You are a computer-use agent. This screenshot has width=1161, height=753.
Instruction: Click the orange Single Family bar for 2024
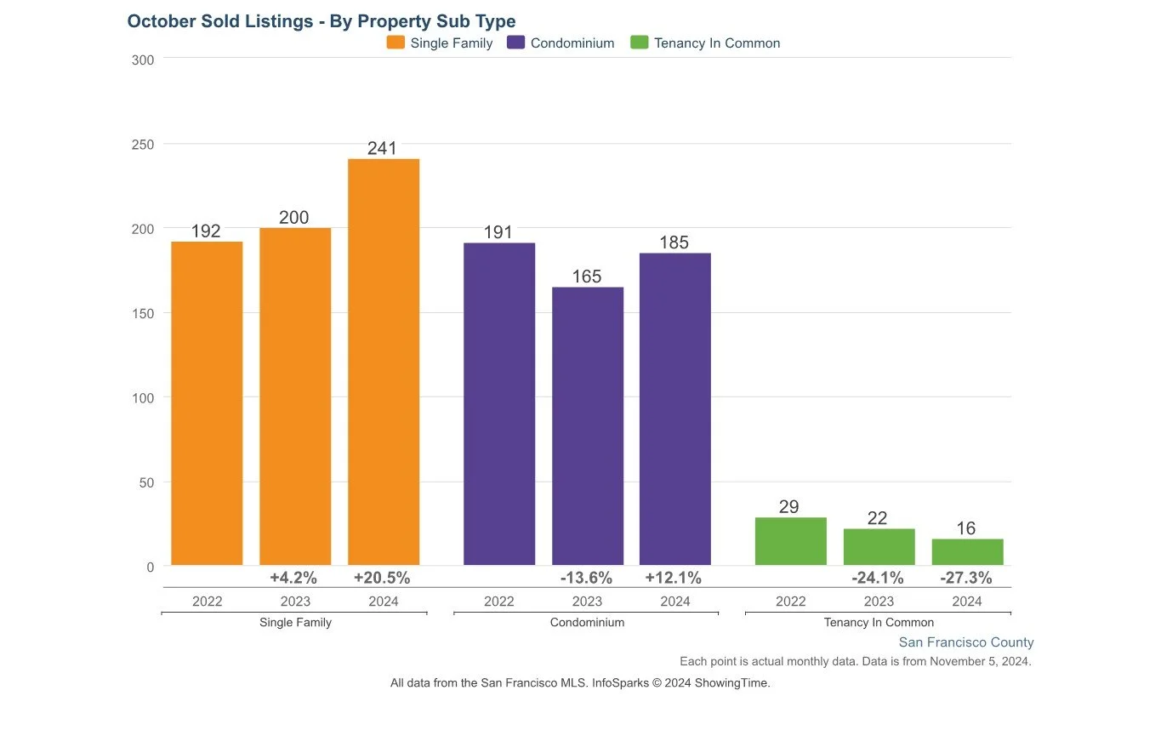383,362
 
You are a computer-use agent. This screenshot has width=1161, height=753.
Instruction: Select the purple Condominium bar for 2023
587,425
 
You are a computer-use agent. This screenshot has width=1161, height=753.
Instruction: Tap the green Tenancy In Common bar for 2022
790,541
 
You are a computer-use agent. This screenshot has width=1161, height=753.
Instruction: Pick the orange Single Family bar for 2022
207,403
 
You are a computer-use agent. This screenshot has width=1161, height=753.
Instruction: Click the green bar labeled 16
967,552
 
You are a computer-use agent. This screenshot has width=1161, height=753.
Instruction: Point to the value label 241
383,148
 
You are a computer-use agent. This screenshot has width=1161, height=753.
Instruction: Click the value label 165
587,277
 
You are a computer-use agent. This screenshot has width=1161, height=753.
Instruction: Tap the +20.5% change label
382,578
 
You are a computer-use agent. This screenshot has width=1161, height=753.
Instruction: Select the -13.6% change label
586,578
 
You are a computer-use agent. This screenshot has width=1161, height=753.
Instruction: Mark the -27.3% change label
966,578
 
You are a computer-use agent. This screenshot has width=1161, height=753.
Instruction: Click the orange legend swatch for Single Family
396,43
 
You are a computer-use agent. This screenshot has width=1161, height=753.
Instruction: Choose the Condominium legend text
572,43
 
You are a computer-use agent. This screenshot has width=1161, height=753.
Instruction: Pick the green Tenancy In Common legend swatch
640,43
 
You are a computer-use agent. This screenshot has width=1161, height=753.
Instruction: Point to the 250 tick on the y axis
143,145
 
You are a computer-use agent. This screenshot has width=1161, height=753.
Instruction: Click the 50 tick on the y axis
146,482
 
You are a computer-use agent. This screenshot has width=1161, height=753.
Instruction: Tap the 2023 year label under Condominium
587,602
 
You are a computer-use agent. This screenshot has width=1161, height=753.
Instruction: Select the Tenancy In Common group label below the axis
879,623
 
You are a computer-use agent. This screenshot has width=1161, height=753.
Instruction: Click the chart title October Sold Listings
321,21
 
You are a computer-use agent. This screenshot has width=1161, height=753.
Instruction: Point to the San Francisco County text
966,642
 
